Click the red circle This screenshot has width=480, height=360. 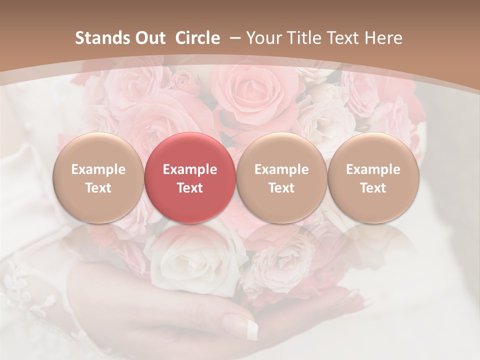point(190,177)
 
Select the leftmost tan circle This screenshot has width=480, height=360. point(98,177)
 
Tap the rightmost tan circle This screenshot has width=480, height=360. point(373,177)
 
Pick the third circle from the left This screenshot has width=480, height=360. point(281,177)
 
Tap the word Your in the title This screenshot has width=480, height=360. point(263,38)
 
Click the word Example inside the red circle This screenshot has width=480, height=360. point(190,169)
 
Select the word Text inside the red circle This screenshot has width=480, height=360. point(190,188)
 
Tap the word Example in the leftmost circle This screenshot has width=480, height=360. point(98,169)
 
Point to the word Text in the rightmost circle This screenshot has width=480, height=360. point(373,188)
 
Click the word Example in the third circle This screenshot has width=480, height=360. point(281,169)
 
